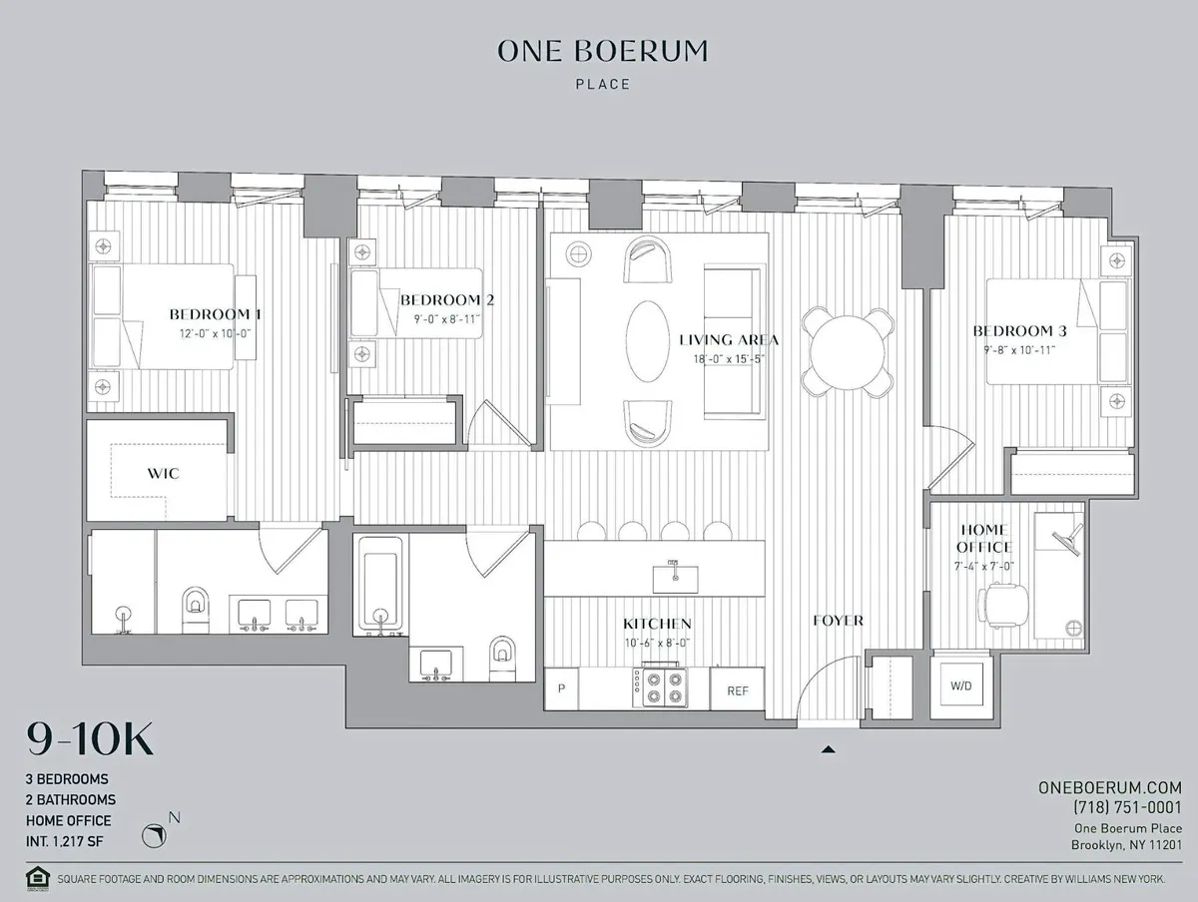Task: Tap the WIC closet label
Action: click(x=163, y=473)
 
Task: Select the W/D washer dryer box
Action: click(x=961, y=686)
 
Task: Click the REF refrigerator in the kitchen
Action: click(x=738, y=690)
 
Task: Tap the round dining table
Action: click(x=848, y=353)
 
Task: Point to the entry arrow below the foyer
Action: click(x=828, y=748)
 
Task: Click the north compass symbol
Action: click(x=155, y=834)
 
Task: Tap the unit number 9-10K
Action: click(x=90, y=740)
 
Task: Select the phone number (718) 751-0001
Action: click(x=1127, y=807)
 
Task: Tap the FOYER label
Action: click(x=837, y=620)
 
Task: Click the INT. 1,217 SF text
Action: click(x=65, y=841)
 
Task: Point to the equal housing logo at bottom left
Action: click(x=37, y=880)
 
